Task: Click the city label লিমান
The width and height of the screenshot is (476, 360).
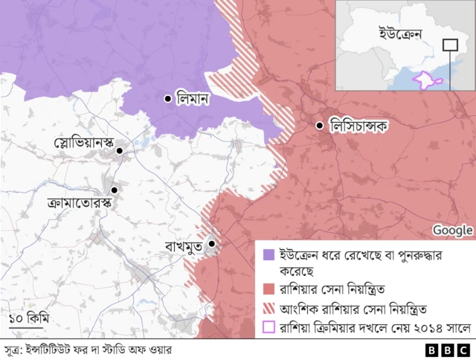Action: [x=193, y=97]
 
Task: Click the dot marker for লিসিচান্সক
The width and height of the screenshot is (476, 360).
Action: [x=320, y=126]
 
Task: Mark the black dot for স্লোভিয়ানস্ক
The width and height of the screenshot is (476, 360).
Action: [x=119, y=152]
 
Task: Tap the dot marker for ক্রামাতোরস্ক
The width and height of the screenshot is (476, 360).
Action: [x=115, y=190]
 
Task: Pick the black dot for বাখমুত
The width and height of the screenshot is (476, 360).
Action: [x=212, y=243]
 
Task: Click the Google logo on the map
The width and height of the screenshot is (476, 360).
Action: [x=452, y=230]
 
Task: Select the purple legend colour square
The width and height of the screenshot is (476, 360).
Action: [x=268, y=254]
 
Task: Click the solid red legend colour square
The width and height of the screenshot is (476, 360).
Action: [x=268, y=289]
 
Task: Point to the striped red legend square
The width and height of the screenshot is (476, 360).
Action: [x=268, y=307]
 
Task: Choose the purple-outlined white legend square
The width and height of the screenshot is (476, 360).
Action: [x=268, y=326]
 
